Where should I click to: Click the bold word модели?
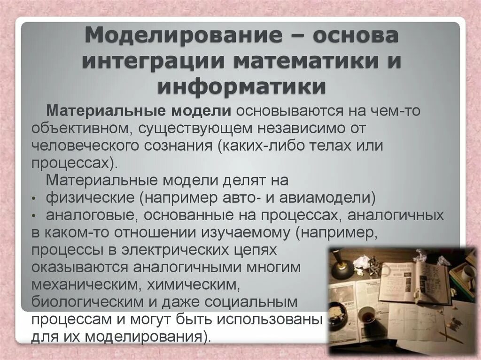[x=201, y=111]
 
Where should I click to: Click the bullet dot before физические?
[x=35, y=199]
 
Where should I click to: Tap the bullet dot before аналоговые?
[x=35, y=216]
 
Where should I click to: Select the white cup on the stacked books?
[x=468, y=272]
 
